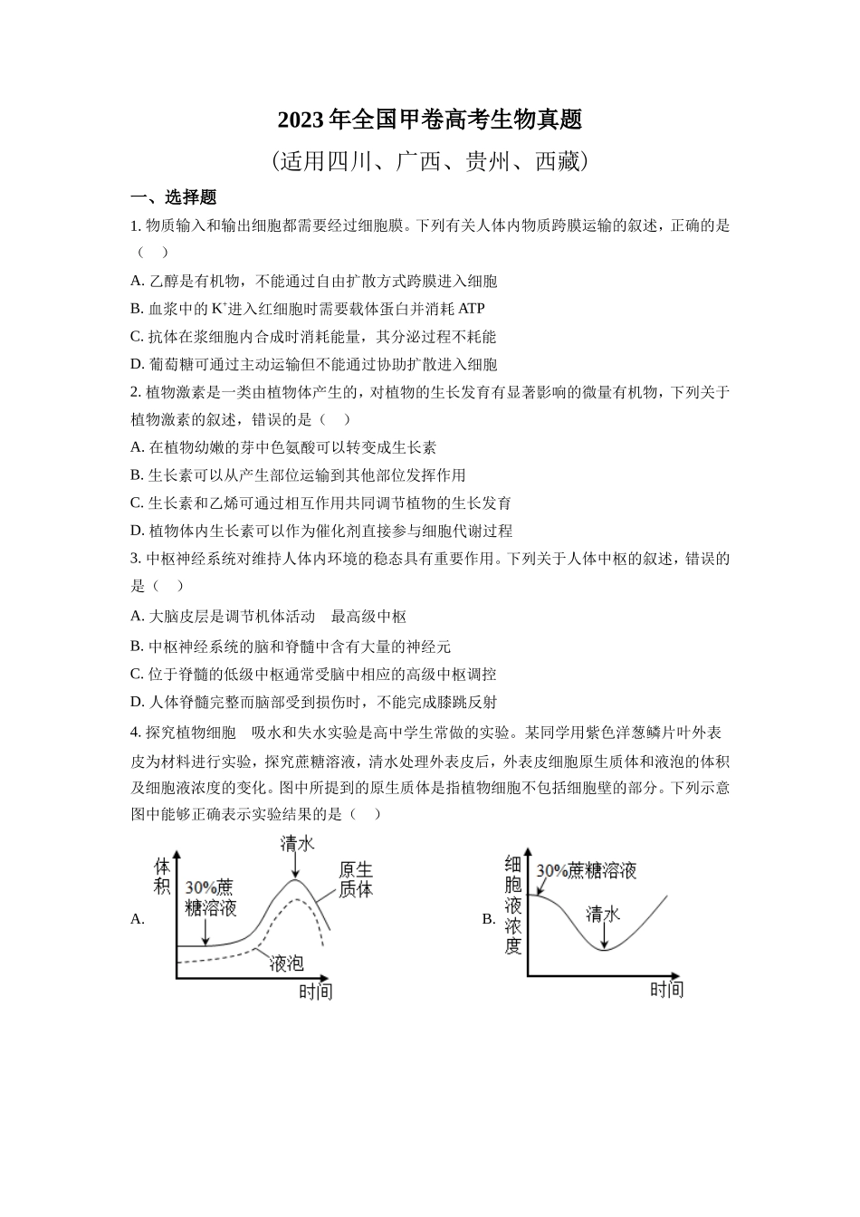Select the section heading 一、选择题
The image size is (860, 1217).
pos(174,197)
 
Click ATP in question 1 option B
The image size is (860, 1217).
pos(472,309)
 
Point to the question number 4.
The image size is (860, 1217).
pos(135,733)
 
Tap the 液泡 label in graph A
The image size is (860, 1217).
pos(286,963)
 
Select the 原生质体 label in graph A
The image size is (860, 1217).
pos(356,879)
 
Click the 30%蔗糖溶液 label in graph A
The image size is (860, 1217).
pos(210,896)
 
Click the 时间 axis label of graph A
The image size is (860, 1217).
pos(316,991)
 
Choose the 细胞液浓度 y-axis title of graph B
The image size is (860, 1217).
pos(513,905)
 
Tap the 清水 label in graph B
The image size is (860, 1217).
pos(603,914)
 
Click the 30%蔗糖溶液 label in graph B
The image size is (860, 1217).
pos(587,870)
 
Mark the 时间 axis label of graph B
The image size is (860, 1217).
pos(666,989)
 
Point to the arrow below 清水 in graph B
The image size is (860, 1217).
pos(603,936)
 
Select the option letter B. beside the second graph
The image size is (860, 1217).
pos(489,918)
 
